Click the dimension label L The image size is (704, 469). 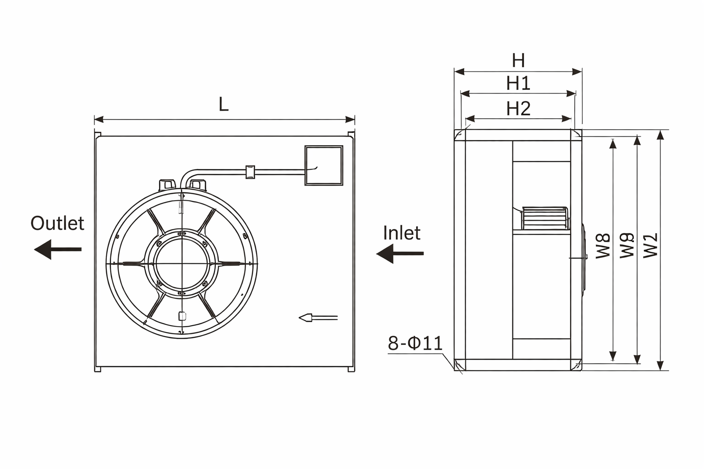pos(223,105)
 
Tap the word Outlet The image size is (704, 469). pos(57,224)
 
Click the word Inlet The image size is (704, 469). pos(401,233)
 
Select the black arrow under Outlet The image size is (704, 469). pos(58,250)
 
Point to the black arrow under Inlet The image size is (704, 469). pos(400,253)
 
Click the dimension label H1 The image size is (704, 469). pos(518,83)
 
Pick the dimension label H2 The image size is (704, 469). pos(518,109)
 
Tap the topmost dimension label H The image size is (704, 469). pos(518,60)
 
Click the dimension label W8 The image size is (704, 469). pos(603,246)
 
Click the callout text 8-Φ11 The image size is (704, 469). pos(415,344)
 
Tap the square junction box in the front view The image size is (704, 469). pos(324,165)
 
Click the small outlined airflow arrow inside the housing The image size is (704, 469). pos(318,317)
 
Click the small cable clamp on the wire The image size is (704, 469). pos(250,172)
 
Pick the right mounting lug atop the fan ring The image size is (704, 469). pos(198,184)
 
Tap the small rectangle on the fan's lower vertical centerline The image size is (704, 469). pos(181,316)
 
